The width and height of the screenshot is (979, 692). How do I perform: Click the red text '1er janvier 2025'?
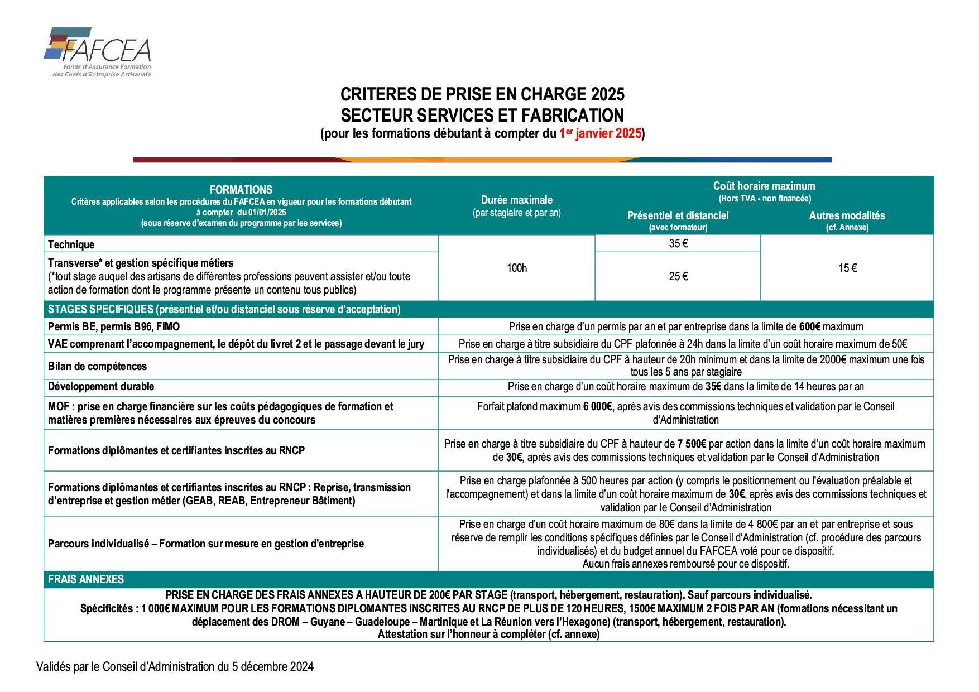[x=600, y=134]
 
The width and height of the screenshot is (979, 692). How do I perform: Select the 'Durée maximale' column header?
[x=516, y=200]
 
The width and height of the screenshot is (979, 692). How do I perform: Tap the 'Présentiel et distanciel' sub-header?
[x=678, y=216]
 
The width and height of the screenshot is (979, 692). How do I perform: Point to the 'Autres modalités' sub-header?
[x=847, y=216]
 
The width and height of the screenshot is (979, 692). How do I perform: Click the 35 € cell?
[x=678, y=243]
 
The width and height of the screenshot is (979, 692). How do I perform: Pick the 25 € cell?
[x=678, y=276]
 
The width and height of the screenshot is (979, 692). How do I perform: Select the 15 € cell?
[x=847, y=268]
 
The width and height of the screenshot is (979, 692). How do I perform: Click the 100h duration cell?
[x=516, y=268]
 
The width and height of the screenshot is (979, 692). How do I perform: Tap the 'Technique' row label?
[x=71, y=244]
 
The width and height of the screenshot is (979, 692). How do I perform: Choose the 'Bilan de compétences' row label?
[x=98, y=366]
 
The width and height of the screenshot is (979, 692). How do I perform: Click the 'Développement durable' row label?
[x=101, y=387]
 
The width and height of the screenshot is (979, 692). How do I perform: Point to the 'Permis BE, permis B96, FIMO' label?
[x=114, y=326]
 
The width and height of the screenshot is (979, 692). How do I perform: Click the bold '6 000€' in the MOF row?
[x=598, y=407]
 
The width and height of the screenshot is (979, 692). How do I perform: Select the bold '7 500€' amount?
[x=692, y=444]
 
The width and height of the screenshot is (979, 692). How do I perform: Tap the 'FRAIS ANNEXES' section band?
[x=86, y=579]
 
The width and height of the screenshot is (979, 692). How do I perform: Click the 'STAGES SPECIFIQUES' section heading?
[x=100, y=309]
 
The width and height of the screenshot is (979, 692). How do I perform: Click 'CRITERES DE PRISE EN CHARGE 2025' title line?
[x=482, y=94]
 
